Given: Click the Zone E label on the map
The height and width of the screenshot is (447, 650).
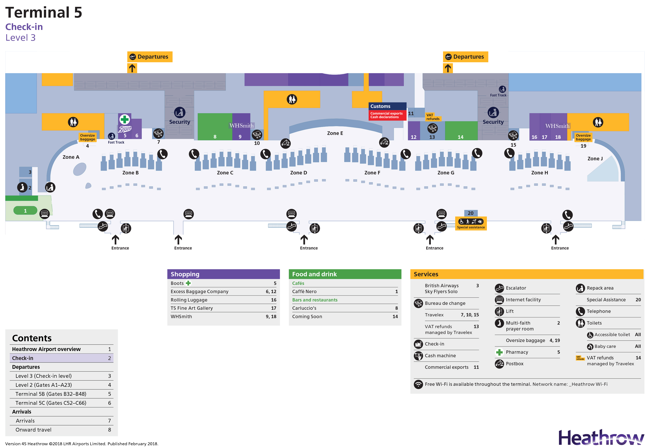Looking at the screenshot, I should (335, 133).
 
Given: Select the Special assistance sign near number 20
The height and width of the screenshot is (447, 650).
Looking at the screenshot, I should (471, 224).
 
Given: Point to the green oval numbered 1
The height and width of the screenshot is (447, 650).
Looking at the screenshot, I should (25, 211).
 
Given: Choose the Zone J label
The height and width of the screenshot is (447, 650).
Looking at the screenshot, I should (595, 159).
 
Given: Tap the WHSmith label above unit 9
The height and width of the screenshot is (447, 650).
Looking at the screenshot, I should (241, 126).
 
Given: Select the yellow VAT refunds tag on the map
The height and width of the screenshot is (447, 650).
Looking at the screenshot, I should (433, 117).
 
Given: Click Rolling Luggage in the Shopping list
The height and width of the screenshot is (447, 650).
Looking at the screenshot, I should (189, 300).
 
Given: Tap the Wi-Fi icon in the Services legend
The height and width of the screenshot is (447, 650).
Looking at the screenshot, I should (418, 384).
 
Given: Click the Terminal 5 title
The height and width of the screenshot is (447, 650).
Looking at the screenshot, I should (44, 13).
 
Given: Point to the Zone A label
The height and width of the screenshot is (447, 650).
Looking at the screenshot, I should (71, 157).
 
